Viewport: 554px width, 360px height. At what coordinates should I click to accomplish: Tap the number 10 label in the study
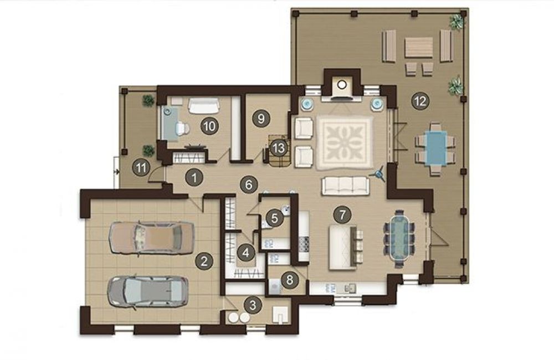(x=209, y=126)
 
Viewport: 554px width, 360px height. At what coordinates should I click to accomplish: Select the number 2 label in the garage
(x=204, y=261)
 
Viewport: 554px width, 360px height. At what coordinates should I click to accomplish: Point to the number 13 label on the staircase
(x=279, y=148)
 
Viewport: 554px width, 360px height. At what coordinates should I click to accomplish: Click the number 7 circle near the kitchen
(x=342, y=214)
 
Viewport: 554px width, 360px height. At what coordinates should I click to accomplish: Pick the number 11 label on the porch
(x=141, y=168)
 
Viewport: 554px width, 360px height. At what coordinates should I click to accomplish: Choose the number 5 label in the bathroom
(x=275, y=218)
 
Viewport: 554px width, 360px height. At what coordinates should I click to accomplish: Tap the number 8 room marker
(x=290, y=280)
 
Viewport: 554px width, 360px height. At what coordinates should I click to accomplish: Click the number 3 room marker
(x=253, y=305)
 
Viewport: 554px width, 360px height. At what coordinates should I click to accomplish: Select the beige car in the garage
(x=152, y=238)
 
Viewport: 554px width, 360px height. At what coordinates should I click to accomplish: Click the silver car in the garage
(x=148, y=292)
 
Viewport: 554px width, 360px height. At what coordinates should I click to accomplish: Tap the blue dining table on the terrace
(x=435, y=148)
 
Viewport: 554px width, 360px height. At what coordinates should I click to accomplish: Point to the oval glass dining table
(x=399, y=239)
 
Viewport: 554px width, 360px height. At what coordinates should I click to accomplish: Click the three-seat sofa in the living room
(x=345, y=186)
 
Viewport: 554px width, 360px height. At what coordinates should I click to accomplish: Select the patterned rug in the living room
(x=345, y=143)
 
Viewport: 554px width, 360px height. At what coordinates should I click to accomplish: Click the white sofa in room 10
(x=203, y=106)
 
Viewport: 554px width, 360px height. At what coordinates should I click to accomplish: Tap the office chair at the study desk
(x=182, y=128)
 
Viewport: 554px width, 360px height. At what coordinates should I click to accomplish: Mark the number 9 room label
(x=261, y=119)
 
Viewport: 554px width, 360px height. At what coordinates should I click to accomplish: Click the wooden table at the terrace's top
(x=419, y=48)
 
